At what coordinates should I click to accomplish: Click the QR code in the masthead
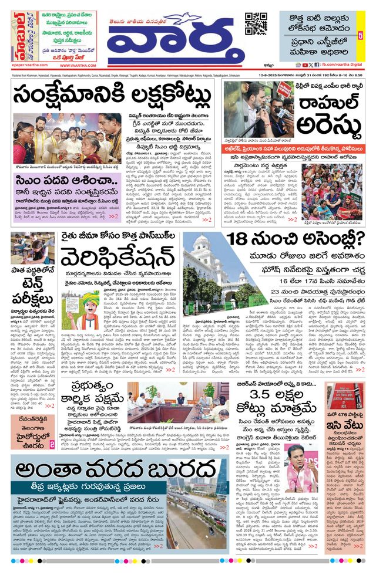pos(256,23)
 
